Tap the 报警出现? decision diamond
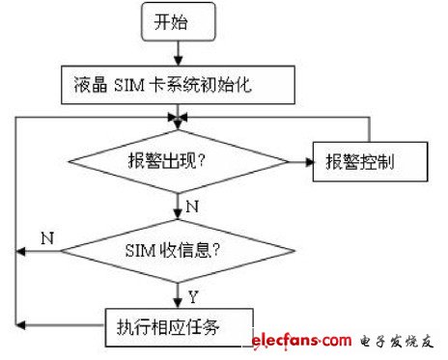(x=177, y=160)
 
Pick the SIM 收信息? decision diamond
(x=177, y=252)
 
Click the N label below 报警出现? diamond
(x=190, y=206)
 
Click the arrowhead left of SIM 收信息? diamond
(x=22, y=251)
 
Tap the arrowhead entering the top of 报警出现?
(x=177, y=120)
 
